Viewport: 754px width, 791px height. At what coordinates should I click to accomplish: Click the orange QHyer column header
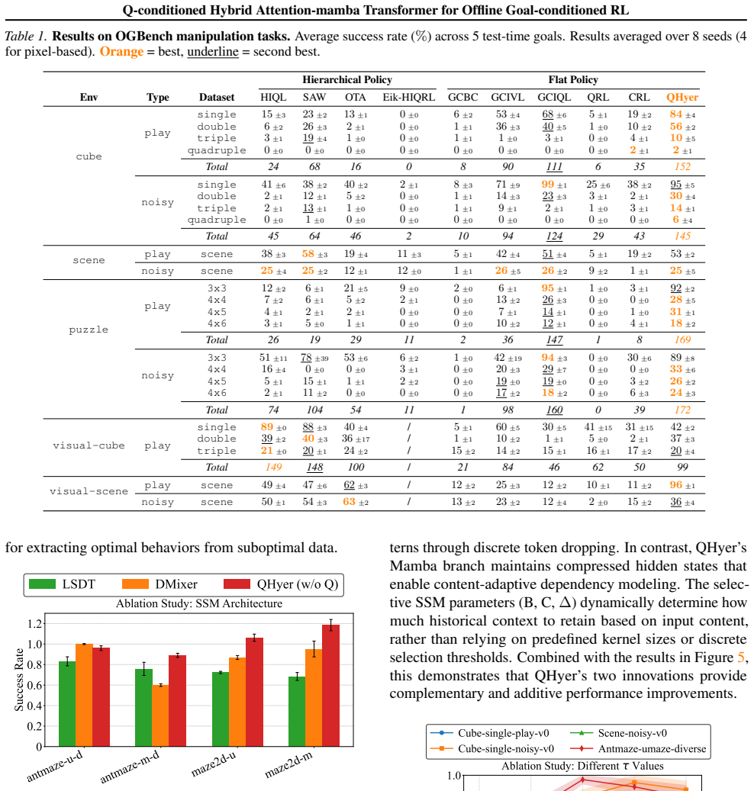coord(682,98)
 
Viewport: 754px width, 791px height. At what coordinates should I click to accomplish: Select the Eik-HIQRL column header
coord(409,98)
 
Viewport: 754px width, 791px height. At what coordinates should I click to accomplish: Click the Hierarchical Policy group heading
coord(347,79)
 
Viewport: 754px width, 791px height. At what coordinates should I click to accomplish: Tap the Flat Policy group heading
coord(573,79)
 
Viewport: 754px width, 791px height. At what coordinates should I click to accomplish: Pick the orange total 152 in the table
coord(682,166)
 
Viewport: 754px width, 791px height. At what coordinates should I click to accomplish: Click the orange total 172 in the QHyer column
coord(682,410)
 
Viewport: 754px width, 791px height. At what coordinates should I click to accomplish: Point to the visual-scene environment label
coord(89,491)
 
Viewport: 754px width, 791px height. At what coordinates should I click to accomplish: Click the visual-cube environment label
coord(89,445)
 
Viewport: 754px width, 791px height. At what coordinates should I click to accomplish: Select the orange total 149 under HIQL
coord(273,467)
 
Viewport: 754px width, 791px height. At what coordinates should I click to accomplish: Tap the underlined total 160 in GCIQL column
coord(554,410)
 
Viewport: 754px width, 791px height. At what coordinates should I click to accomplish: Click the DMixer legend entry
coord(160,584)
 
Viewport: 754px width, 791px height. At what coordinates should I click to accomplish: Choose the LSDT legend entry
coord(63,584)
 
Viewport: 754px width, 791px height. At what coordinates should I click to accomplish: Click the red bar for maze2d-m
coord(330,686)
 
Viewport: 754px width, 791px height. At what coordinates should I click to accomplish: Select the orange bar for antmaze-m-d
coord(160,715)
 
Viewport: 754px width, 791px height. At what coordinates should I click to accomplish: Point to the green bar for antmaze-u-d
coord(67,704)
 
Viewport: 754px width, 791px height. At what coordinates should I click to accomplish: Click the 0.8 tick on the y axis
coord(35,665)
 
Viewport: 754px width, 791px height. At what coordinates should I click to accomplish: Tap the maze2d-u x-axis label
coord(214,764)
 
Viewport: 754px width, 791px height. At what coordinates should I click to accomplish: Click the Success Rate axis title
coord(18,680)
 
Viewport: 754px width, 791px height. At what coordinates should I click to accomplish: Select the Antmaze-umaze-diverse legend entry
coord(638,748)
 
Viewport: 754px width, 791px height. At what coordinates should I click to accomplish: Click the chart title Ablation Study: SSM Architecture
coord(199,603)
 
